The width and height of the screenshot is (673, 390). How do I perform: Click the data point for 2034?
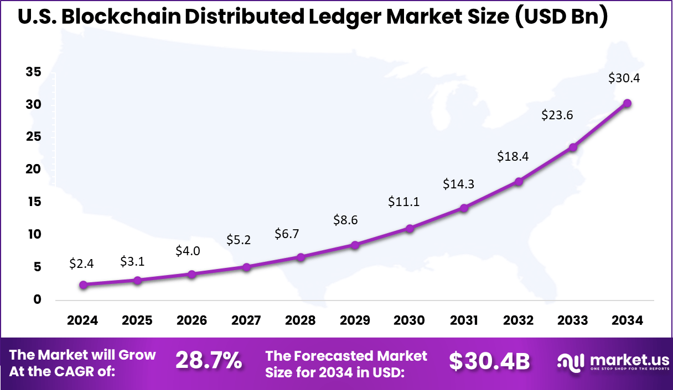tap(627, 103)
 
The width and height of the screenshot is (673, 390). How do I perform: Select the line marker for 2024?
tap(83, 285)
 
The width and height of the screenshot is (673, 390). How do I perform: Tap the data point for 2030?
tap(410, 228)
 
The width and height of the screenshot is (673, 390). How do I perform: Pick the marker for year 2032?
tap(519, 181)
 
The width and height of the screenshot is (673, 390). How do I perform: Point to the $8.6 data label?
tap(345, 220)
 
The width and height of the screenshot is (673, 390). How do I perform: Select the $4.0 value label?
tap(188, 250)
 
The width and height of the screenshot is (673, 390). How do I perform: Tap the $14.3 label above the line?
tap(458, 184)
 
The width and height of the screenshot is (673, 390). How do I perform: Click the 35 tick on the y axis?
tap(33, 72)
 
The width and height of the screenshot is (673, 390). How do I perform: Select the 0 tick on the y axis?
tap(37, 299)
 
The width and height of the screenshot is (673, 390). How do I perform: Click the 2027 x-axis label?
tap(246, 321)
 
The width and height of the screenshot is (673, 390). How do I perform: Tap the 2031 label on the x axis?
tap(464, 321)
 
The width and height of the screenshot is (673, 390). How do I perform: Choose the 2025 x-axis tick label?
tap(137, 321)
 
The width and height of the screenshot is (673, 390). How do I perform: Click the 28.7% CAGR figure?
tap(209, 361)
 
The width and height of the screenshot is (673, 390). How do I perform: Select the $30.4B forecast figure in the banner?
tap(489, 361)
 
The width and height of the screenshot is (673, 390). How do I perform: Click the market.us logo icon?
tap(571, 362)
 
